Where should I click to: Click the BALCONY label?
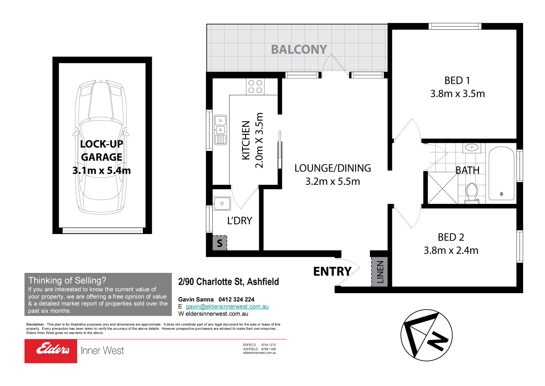click(x=299, y=49)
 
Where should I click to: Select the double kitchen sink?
click(x=221, y=129)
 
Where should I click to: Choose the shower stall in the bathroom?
click(x=441, y=187)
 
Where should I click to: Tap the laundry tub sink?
click(x=222, y=203)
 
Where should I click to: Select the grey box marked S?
click(x=219, y=243)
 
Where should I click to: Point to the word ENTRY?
click(x=332, y=271)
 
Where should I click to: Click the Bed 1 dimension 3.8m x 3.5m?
click(x=457, y=93)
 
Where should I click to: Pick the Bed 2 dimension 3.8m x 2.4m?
click(x=451, y=250)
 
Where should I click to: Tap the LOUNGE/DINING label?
click(x=332, y=168)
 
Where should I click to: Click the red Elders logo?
click(x=50, y=351)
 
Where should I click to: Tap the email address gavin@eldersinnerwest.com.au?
click(x=227, y=307)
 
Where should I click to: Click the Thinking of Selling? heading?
click(x=67, y=280)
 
